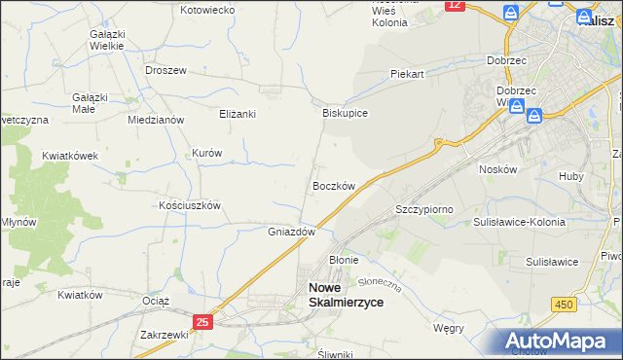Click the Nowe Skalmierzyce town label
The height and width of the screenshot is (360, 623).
(346, 295)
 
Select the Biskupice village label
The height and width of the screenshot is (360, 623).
(345, 113)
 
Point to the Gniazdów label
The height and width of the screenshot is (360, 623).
(292, 233)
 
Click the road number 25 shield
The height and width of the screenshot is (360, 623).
(202, 322)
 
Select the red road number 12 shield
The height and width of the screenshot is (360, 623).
(455, 6)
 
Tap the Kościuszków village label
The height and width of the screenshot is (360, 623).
(191, 206)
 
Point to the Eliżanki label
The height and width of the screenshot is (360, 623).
(237, 114)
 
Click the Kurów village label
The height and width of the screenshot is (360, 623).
(207, 154)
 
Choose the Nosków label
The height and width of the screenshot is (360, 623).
(496, 168)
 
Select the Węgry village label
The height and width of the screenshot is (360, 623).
(449, 329)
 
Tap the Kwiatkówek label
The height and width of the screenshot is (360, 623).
(70, 156)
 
